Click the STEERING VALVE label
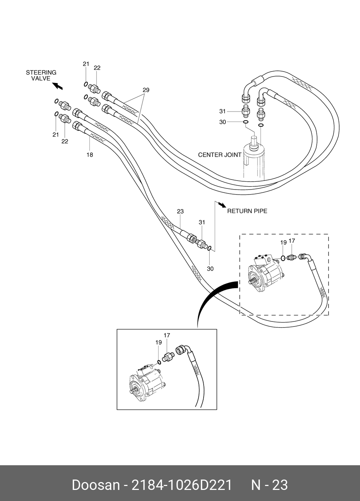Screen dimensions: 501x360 click(x=41, y=75)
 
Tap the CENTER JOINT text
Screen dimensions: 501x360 click(x=220, y=155)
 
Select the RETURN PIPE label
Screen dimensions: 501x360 click(x=247, y=211)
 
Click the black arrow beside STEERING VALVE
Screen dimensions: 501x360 click(x=57, y=86)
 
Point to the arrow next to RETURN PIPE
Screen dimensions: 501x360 click(x=222, y=205)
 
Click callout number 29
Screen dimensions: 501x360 click(x=146, y=90)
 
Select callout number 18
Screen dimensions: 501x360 click(x=89, y=155)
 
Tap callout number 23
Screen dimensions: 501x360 click(x=180, y=212)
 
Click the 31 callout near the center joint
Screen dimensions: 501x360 click(x=223, y=111)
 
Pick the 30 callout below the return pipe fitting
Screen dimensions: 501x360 click(x=210, y=269)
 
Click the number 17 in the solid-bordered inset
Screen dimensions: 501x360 click(x=167, y=335)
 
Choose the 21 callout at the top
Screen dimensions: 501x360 click(x=86, y=64)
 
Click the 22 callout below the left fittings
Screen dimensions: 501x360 click(x=64, y=142)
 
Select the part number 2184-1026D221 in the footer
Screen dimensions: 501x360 click(x=182, y=485)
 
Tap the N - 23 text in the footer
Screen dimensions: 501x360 click(x=269, y=485)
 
